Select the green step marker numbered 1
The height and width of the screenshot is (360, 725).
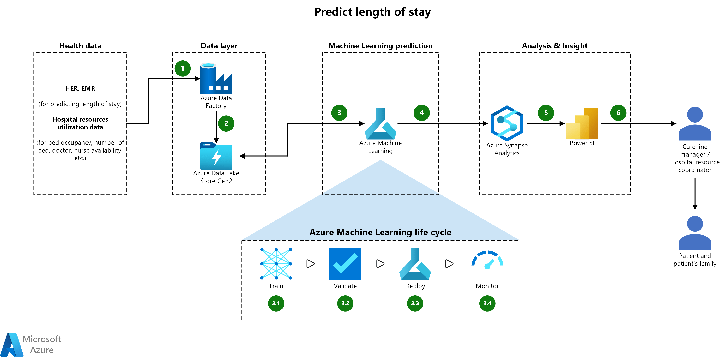click(x=182, y=68)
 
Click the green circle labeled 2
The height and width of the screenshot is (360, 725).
click(x=226, y=123)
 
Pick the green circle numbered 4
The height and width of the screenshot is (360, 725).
click(x=421, y=113)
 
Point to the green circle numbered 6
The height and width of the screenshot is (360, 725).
click(x=618, y=113)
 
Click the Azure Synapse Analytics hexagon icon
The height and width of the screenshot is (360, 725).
click(x=507, y=123)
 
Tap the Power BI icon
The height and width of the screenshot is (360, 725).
click(x=582, y=123)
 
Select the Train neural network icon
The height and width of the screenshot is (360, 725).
click(x=276, y=264)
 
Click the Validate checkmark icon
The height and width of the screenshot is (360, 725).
click(x=345, y=264)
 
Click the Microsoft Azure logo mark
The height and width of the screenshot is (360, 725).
click(x=12, y=345)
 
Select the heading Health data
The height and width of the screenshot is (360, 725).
click(x=80, y=46)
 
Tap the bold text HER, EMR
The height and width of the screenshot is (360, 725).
click(x=80, y=88)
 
